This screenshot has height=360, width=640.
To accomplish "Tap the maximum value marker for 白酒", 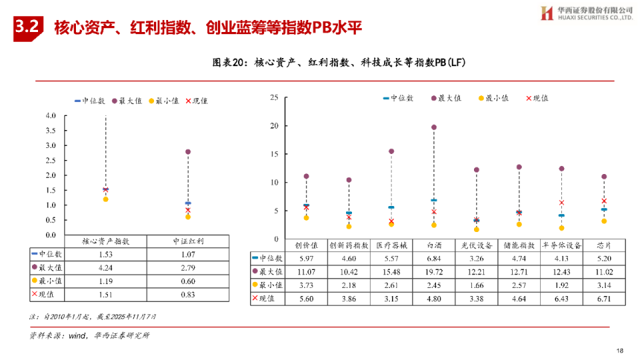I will pos(434,127).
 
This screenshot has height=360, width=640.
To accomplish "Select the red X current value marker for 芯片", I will pos(604,201).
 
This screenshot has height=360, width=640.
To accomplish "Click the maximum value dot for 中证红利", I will pos(188,152).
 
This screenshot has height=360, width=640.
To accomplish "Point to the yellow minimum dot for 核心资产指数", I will pos(105,199).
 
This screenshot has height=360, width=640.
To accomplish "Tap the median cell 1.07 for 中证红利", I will pos(188,255).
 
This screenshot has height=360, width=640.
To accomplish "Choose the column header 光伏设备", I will pos(477,245).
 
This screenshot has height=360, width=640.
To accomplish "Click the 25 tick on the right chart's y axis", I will pos(273,98).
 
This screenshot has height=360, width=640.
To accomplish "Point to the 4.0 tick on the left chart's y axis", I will pos(51,115).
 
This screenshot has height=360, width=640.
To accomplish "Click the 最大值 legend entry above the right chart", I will pos(447,98).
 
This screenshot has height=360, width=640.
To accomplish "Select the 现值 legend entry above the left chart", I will pos(196,101).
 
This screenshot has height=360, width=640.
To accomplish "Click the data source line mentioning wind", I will pos(89,335).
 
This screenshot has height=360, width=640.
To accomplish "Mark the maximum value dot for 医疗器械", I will pos(391,151).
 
